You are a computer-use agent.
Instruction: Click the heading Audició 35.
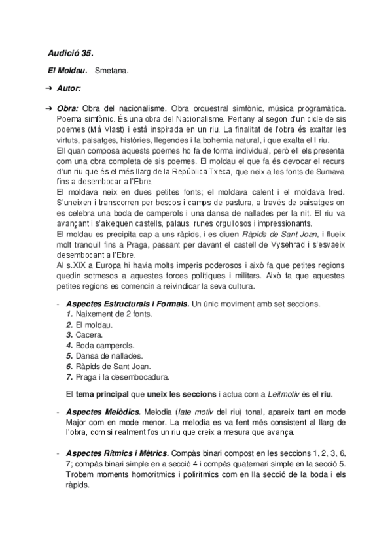(75, 52)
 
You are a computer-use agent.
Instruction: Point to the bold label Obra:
(69, 107)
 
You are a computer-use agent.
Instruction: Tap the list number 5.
(69, 355)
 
